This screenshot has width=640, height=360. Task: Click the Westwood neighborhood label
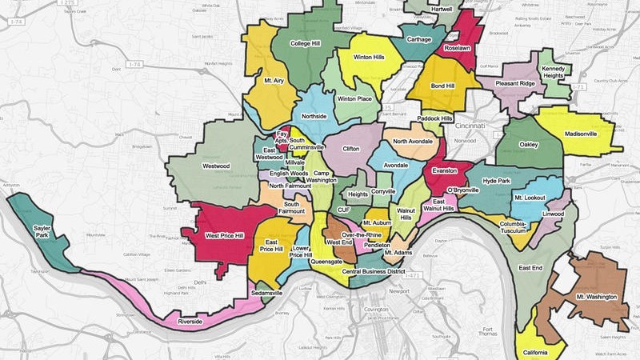click(216, 166)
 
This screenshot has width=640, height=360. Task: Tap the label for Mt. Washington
click(596, 297)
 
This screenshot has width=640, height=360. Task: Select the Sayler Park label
click(42, 232)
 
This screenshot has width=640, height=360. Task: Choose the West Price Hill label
click(225, 236)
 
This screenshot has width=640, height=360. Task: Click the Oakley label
click(528, 145)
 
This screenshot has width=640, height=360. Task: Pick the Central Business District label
click(373, 272)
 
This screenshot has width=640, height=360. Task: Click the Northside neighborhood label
click(313, 117)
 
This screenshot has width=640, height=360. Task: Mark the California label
click(535, 353)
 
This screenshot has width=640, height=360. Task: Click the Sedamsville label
click(266, 294)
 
